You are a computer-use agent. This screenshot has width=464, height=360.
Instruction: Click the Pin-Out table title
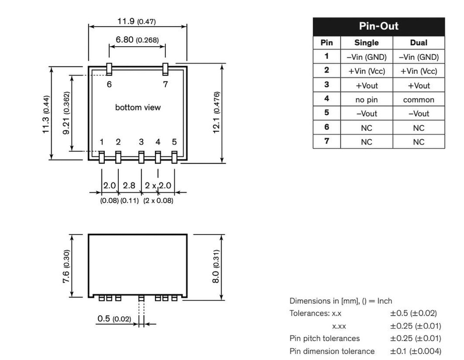tap(378, 26)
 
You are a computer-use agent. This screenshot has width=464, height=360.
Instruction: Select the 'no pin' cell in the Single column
tap(366, 100)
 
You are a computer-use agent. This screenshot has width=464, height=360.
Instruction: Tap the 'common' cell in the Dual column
tap(418, 100)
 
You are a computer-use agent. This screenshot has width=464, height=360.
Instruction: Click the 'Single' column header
tap(366, 43)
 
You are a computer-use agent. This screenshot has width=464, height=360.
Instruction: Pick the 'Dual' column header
tap(418, 43)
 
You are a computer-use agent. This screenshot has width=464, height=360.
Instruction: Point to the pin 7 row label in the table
tap(326, 141)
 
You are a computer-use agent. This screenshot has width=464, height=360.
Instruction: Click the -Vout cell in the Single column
tap(366, 114)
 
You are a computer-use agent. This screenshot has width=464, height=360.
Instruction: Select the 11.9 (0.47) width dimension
tap(137, 21)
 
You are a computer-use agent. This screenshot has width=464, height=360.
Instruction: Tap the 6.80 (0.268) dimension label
tap(137, 40)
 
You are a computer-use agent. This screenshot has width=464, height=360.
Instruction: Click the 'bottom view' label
tap(138, 107)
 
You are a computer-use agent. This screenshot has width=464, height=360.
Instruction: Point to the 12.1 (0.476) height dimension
tap(217, 112)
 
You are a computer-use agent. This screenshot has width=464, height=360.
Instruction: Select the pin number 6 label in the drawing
tap(109, 84)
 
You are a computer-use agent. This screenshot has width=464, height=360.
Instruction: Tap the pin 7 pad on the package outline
tap(165, 69)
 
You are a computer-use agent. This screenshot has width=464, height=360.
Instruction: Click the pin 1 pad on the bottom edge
tap(101, 157)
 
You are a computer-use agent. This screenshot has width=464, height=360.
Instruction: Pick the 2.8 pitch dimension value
tap(129, 186)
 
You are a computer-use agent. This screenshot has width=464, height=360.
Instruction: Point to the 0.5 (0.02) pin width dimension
tap(114, 319)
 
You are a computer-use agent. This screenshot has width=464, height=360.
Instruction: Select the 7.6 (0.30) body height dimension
tap(67, 266)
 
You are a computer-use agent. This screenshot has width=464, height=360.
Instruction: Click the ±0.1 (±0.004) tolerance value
tap(415, 351)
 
